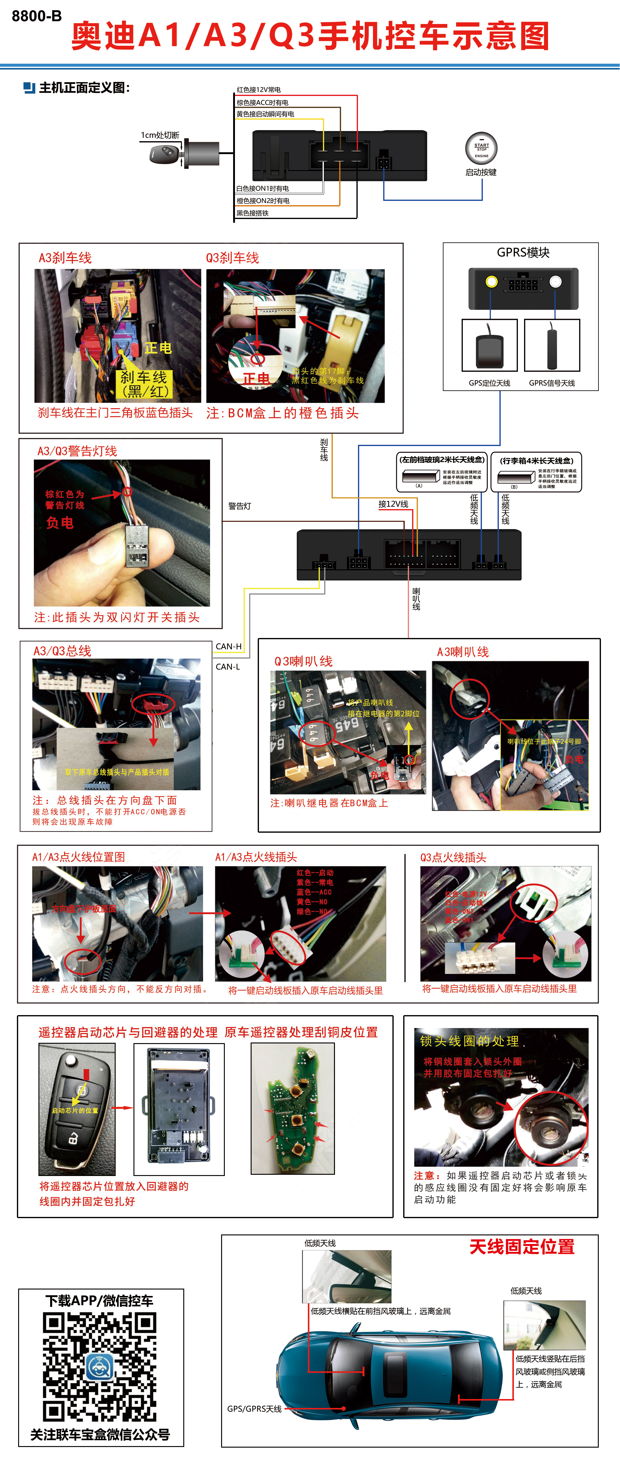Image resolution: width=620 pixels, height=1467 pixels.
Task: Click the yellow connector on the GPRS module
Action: click(491, 281)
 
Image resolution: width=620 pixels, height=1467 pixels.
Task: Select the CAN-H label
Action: click(228, 646)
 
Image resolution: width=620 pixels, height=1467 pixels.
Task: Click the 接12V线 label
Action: click(393, 504)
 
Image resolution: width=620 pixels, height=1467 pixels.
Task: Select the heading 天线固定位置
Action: click(522, 1247)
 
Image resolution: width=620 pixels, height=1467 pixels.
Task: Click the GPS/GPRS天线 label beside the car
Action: click(254, 1408)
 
